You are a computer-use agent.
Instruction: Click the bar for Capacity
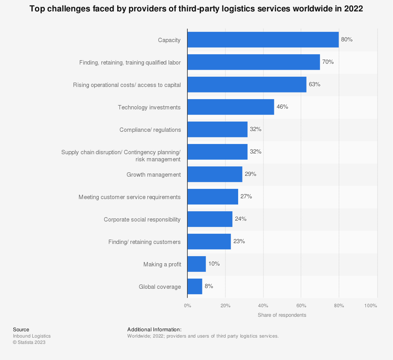(x=263, y=40)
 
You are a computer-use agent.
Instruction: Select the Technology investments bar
(x=231, y=107)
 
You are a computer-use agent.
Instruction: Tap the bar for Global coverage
(x=195, y=286)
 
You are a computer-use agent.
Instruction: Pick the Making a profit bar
(x=196, y=264)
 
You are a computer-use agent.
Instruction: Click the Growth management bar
(x=215, y=174)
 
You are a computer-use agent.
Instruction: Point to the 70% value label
(x=328, y=62)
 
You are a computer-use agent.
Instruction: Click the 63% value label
(x=314, y=84)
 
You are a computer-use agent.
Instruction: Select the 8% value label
(x=209, y=286)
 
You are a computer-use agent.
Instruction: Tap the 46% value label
(x=282, y=107)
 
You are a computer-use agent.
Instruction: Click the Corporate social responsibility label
(x=142, y=220)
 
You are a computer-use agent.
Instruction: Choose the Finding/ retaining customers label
(x=145, y=242)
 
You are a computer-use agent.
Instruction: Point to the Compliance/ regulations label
(x=150, y=130)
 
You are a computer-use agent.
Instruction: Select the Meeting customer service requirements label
(x=130, y=197)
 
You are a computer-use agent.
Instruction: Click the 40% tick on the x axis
(x=263, y=306)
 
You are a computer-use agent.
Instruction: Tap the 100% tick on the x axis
(x=371, y=306)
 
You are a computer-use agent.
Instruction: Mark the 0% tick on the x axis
(x=187, y=306)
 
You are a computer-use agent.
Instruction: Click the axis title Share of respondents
(x=282, y=315)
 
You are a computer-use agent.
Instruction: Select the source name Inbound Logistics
(x=32, y=336)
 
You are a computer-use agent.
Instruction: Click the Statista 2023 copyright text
(x=29, y=342)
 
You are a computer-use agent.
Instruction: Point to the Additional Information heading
(x=154, y=329)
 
